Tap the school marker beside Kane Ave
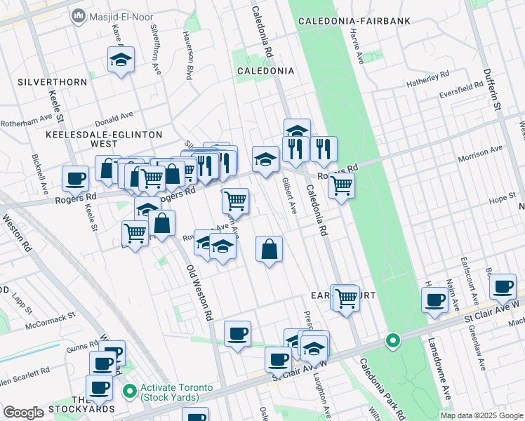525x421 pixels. (x=121, y=60)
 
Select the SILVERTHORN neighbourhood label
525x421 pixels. (x=54, y=82)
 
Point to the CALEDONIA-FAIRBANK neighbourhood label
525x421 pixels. (x=354, y=22)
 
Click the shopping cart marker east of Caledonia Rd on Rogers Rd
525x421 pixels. (x=341, y=186)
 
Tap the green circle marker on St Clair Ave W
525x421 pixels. (x=393, y=341)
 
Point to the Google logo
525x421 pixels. (x=23, y=413)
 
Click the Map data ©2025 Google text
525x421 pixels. (x=481, y=415)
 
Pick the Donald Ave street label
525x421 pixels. (x=116, y=116)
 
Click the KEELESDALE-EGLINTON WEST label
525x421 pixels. (x=102, y=138)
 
